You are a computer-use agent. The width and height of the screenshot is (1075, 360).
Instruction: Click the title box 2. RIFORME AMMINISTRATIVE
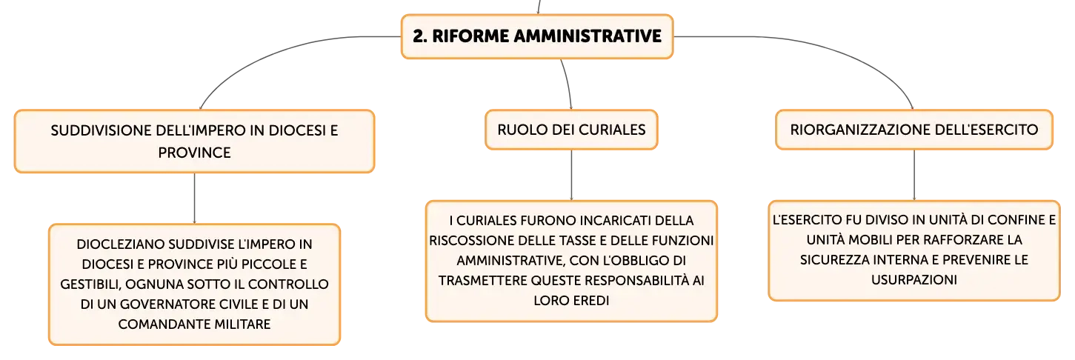[x=537, y=36]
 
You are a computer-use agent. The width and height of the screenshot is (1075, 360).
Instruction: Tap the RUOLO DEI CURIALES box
[x=571, y=130]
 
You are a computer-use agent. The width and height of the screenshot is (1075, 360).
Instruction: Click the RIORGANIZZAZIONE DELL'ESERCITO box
[x=913, y=130]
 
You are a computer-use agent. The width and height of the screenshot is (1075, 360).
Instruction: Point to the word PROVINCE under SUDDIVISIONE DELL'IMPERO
[x=194, y=153]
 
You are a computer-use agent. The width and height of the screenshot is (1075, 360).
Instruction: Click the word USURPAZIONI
[x=913, y=280]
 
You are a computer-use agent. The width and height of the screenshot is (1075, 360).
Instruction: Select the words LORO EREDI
[x=571, y=301]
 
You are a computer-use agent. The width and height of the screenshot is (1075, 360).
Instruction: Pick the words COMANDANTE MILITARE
[x=194, y=324]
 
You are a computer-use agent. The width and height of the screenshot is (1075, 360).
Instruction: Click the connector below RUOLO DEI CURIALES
[x=571, y=175]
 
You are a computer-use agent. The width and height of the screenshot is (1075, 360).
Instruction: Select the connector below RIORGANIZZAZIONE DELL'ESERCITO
[x=913, y=175]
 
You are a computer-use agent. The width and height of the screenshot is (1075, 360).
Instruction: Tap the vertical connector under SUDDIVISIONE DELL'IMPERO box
[x=194, y=199]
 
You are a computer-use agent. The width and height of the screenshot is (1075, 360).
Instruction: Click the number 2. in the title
[x=420, y=36]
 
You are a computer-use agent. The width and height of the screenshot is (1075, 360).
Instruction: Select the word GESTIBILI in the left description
[x=90, y=284]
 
